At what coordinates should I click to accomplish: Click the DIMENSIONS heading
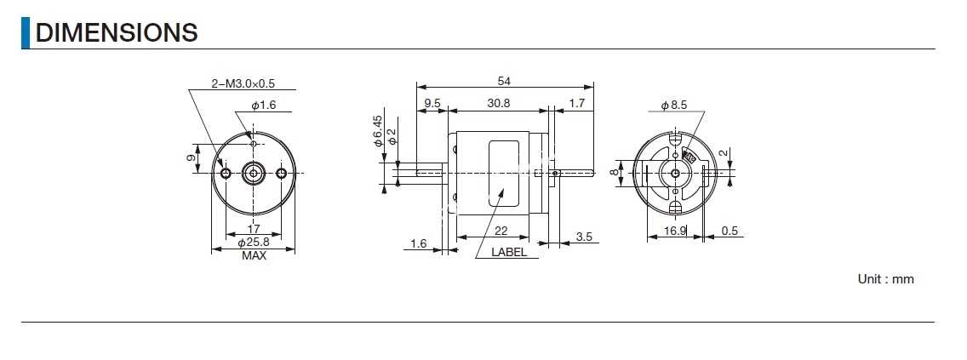pos(117,32)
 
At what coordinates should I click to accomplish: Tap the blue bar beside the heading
pos(26,32)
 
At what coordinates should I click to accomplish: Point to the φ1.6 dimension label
pos(263,106)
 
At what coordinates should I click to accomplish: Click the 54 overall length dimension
pos(504,81)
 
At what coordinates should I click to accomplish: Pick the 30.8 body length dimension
pos(498,104)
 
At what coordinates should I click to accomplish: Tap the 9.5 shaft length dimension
pos(432,104)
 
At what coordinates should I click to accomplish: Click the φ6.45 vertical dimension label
pos(378,131)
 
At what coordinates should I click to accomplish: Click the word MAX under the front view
pos(254,256)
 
